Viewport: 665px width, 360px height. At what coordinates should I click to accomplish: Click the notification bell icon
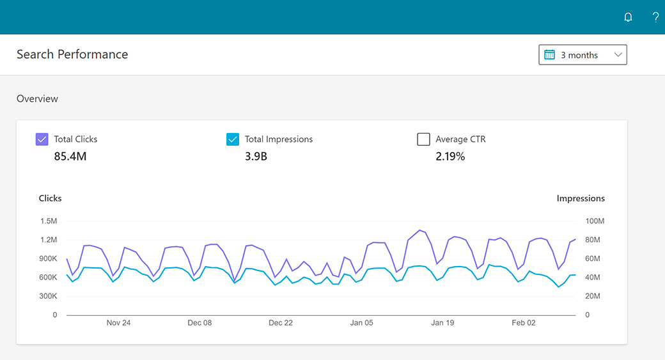pyautogui.click(x=628, y=17)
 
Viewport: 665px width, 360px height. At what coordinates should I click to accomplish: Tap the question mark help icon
pyautogui.click(x=655, y=17)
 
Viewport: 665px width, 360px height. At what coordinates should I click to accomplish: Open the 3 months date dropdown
pyautogui.click(x=583, y=55)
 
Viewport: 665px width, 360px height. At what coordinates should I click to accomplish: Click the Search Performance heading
pyautogui.click(x=72, y=54)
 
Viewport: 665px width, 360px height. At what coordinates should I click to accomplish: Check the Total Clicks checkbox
pyautogui.click(x=42, y=139)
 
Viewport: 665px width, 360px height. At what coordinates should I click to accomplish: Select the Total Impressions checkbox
pyautogui.click(x=233, y=139)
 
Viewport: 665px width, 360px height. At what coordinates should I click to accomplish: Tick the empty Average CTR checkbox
pyautogui.click(x=423, y=139)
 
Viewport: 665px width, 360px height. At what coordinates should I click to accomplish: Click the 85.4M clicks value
pyautogui.click(x=70, y=156)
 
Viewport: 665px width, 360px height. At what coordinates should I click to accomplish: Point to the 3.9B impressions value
pyautogui.click(x=256, y=156)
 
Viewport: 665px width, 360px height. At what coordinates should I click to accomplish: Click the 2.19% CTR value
pyautogui.click(x=450, y=156)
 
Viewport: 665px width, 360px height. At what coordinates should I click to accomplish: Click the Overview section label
pyautogui.click(x=37, y=98)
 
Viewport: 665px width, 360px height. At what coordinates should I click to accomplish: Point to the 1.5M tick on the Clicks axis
pyautogui.click(x=49, y=221)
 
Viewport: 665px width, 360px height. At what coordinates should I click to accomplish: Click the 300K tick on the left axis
pyautogui.click(x=48, y=296)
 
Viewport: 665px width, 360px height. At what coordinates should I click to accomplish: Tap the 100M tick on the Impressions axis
pyautogui.click(x=595, y=221)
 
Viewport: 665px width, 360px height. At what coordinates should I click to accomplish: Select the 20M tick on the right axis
pyautogui.click(x=592, y=296)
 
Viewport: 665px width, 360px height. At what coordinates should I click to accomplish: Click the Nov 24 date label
pyautogui.click(x=118, y=323)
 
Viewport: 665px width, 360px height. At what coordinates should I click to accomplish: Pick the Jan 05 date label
pyautogui.click(x=361, y=323)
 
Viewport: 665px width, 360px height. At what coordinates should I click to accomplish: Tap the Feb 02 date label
pyautogui.click(x=523, y=323)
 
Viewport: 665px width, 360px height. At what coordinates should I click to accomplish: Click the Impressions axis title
pyautogui.click(x=581, y=198)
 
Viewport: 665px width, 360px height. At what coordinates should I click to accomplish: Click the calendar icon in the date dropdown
pyautogui.click(x=549, y=55)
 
